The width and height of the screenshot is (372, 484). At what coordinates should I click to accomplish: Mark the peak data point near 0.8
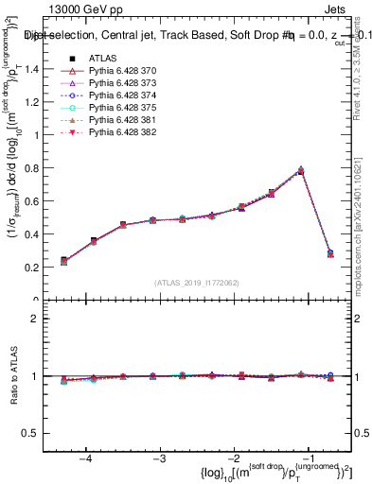click(301, 171)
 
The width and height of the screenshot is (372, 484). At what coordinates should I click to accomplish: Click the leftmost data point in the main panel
click(64, 260)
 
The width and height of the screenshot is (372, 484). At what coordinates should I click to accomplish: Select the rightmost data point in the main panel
click(330, 253)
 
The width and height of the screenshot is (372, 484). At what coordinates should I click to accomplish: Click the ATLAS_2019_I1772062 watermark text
click(197, 283)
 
